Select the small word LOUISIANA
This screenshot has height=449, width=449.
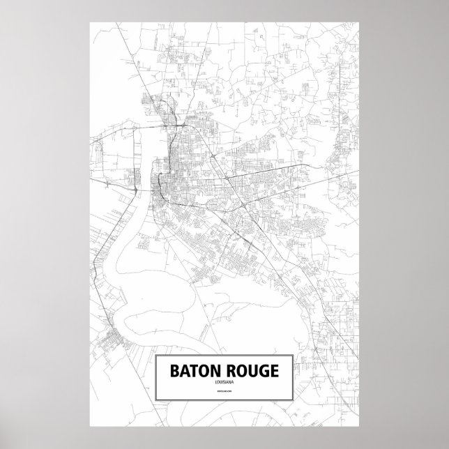(x=224, y=383)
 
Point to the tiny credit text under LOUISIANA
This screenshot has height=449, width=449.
(x=224, y=394)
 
